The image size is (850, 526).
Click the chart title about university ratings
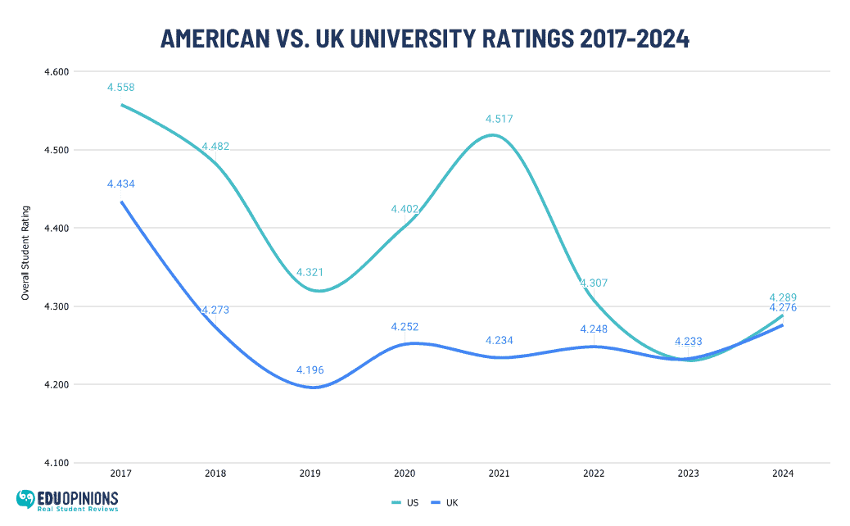(x=424, y=38)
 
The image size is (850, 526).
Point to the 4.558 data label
(x=120, y=88)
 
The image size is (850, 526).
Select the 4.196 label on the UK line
(x=310, y=370)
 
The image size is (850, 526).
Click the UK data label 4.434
(x=120, y=184)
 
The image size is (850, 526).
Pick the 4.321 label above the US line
(x=310, y=272)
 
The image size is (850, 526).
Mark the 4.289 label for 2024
(x=783, y=297)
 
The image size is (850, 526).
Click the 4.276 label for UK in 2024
(x=783, y=308)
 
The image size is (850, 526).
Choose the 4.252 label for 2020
(x=405, y=327)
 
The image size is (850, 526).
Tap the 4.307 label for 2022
(x=594, y=283)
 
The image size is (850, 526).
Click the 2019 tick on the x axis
(x=310, y=474)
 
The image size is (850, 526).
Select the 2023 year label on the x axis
(x=688, y=474)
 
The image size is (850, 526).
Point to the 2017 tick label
(x=121, y=474)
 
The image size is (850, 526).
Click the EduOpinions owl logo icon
(x=27, y=499)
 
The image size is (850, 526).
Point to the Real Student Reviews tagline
(x=79, y=509)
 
